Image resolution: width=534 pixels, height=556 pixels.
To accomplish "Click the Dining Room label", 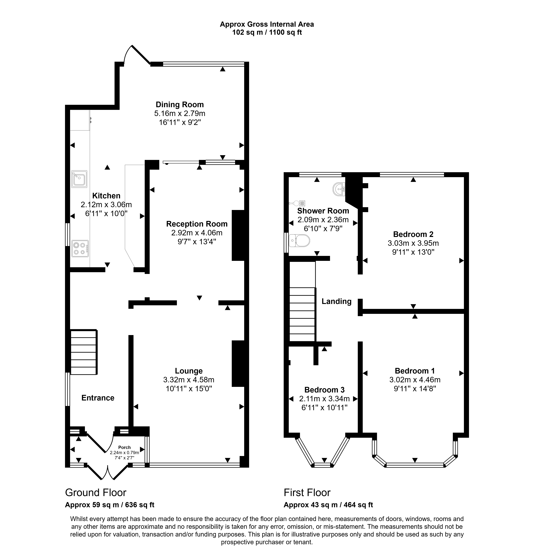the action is click(180, 105).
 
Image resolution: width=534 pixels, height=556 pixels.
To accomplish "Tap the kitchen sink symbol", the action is click(79, 179).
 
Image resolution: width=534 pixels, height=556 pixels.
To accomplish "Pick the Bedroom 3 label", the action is click(324, 390).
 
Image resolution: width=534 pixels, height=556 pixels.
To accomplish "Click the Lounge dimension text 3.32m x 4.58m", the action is click(189, 380).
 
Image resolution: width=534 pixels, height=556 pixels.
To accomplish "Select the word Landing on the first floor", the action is click(337, 301).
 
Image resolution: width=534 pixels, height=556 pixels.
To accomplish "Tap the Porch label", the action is click(125, 447).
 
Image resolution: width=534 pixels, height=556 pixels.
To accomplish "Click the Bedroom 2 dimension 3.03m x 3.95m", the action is click(413, 243).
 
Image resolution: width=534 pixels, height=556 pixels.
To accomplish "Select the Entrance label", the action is click(98, 398).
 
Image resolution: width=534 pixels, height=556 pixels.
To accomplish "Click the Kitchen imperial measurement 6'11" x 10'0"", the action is click(106, 213).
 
